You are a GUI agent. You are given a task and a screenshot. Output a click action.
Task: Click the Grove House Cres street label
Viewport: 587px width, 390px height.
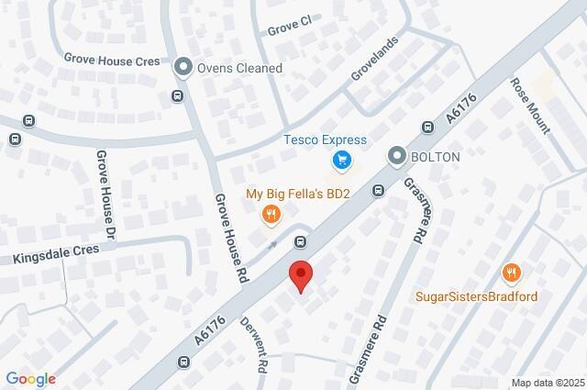click(112, 58)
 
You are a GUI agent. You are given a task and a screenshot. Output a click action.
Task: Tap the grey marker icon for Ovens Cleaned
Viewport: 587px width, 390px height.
click(183, 66)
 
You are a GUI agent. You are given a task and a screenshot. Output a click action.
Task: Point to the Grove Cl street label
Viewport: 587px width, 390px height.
click(290, 29)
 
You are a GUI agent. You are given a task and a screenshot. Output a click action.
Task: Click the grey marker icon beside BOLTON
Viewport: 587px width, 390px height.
click(396, 157)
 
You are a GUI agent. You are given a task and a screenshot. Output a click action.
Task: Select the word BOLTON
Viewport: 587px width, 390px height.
click(437, 157)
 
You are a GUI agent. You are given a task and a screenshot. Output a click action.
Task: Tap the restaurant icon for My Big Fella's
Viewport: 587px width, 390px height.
click(271, 215)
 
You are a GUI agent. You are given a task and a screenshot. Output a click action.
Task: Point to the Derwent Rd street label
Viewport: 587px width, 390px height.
click(255, 344)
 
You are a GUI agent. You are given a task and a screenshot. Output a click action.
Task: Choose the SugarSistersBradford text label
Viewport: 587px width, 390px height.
click(476, 296)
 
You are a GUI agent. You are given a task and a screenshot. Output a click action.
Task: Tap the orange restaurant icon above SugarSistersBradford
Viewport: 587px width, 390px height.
click(512, 273)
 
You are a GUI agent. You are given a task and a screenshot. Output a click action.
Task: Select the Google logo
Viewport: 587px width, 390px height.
click(30, 379)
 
